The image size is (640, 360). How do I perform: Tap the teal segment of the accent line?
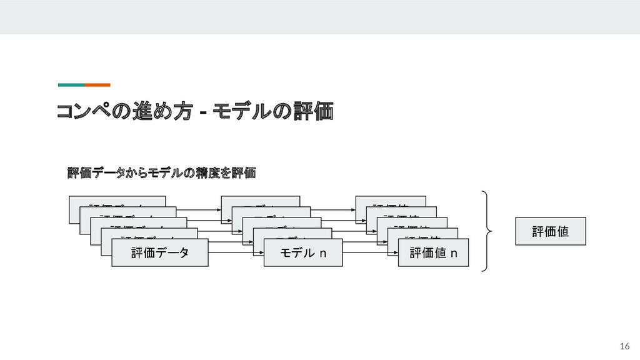[x=71, y=84]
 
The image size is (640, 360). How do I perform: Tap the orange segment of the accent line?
[x=97, y=84]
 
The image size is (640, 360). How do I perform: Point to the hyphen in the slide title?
[x=202, y=113]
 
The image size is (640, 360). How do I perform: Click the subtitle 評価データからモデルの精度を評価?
[x=162, y=172]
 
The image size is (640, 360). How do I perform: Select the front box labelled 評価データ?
[x=159, y=252]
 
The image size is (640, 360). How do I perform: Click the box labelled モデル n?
[x=303, y=252]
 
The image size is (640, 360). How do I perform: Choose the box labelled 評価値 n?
[x=432, y=252]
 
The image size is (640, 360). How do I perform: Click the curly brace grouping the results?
[x=487, y=231]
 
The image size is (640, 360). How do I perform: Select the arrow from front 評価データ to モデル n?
[x=236, y=253]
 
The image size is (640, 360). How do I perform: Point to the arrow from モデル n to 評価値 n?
[x=371, y=253]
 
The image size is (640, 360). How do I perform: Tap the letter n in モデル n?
[x=323, y=253]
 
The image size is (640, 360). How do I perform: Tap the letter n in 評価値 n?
[x=454, y=253]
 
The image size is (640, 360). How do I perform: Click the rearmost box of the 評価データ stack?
[x=117, y=201]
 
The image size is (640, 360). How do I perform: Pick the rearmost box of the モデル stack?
[x=260, y=201]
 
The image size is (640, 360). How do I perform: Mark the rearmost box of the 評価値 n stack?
[x=391, y=201]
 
